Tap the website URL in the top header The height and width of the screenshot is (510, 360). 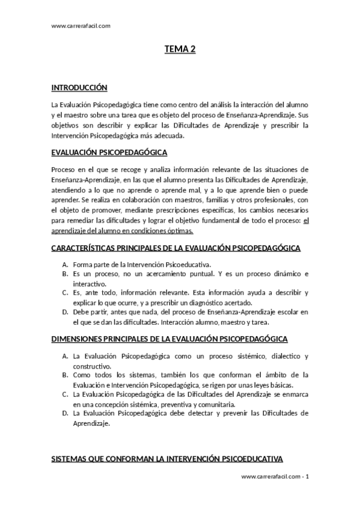pyautogui.click(x=81, y=25)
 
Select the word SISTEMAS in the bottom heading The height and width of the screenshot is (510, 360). pyautogui.click(x=71, y=459)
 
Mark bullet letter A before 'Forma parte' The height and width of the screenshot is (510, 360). pyautogui.click(x=65, y=264)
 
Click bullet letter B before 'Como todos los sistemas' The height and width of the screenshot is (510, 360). pyautogui.click(x=65, y=375)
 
